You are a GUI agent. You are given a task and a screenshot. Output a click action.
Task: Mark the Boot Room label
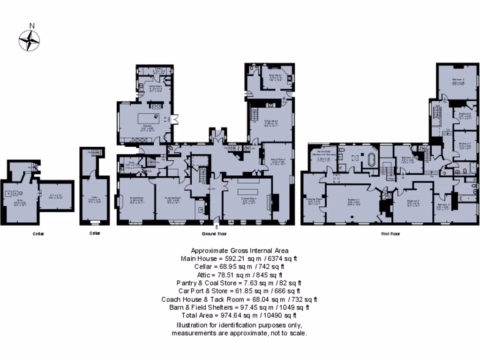275,75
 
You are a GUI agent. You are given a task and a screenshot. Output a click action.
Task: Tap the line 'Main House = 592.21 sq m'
240,258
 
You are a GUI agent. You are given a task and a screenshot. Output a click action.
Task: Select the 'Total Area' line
240,315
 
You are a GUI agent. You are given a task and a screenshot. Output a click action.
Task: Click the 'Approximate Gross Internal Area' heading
240,250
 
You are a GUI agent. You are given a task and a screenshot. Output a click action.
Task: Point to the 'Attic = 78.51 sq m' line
240,275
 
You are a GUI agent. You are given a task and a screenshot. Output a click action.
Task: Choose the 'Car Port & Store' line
240,291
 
